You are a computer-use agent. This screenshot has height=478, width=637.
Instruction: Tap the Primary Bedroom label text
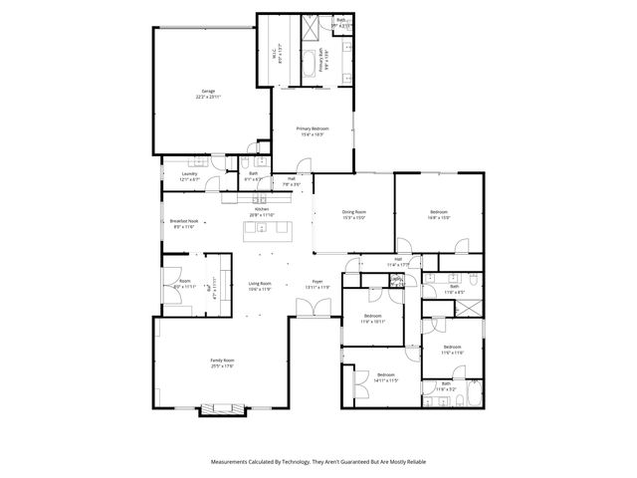click(313, 128)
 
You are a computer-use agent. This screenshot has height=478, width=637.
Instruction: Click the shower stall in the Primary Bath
click(311, 27)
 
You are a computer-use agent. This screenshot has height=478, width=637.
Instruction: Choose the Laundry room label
click(188, 174)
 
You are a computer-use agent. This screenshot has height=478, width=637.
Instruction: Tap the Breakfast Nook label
click(183, 221)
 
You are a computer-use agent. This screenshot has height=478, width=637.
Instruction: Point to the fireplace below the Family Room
click(222, 407)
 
